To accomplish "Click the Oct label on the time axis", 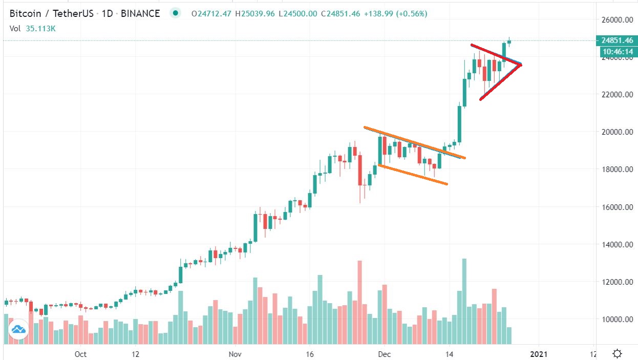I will point(80,354).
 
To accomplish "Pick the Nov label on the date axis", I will point(235,354).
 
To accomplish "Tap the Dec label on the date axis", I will point(385,354).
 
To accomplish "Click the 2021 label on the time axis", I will point(538,354).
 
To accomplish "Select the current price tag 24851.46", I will point(616,40).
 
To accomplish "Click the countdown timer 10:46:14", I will point(616,51).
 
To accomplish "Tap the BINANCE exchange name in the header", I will point(141,13).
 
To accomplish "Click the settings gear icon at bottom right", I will point(617,353).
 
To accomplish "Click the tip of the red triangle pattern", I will point(521,64).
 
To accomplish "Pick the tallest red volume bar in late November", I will point(359,302).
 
